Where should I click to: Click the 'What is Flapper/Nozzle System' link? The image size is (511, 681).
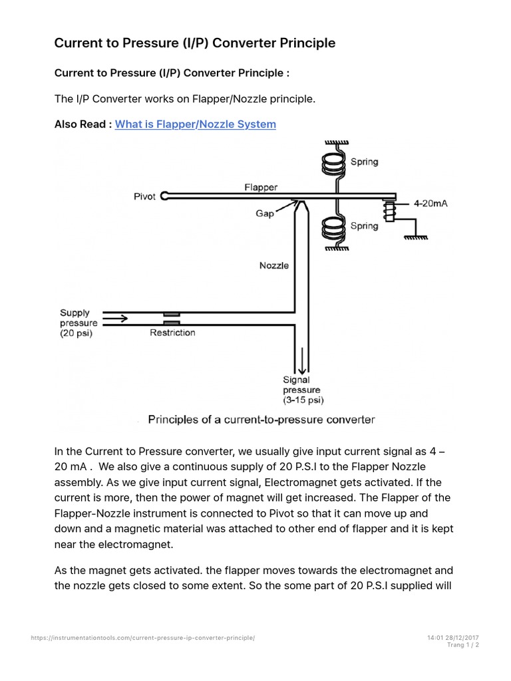(x=195, y=124)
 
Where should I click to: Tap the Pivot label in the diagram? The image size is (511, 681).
(x=144, y=196)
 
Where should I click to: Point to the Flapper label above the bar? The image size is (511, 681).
(x=261, y=188)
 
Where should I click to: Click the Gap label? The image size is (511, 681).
(x=265, y=214)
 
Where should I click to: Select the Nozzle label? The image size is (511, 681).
(x=273, y=265)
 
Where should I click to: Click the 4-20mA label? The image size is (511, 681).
(x=430, y=204)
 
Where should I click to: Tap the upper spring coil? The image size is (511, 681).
(x=333, y=163)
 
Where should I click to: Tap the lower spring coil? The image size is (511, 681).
(x=333, y=228)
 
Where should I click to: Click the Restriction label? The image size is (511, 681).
(x=172, y=333)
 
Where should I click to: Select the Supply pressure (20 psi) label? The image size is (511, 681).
(x=76, y=323)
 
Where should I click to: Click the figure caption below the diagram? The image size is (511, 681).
(x=261, y=420)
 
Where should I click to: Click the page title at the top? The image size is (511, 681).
(x=194, y=43)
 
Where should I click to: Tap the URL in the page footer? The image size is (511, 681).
(x=143, y=638)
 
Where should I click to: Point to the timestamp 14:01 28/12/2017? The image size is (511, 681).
(x=454, y=638)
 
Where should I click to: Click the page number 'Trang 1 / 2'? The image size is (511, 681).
(x=463, y=645)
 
